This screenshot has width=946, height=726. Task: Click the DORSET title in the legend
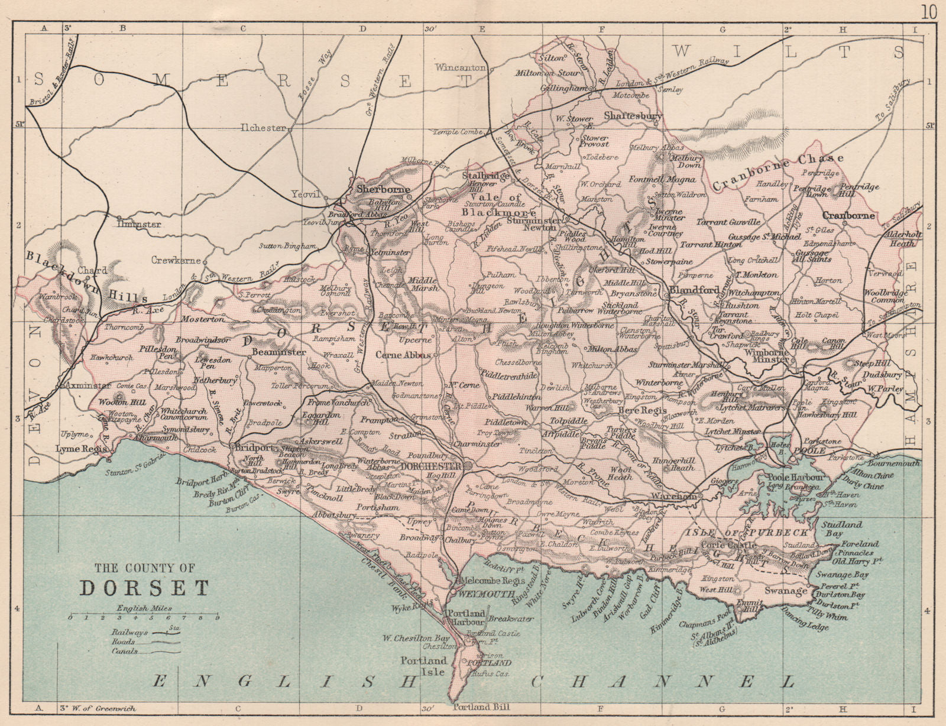tap(144, 588)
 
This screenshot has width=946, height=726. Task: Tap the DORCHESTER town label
tap(430, 466)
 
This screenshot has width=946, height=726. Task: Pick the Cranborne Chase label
tap(777, 173)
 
